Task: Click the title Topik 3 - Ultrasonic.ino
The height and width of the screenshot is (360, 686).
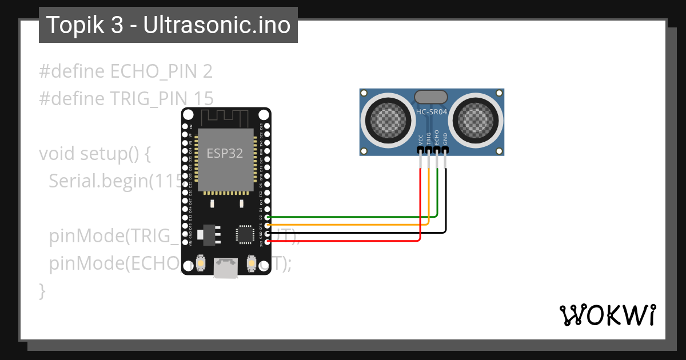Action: click(x=168, y=25)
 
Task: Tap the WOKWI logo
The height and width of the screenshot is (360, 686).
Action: click(x=607, y=315)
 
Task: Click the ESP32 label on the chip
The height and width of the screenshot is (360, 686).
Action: click(x=225, y=153)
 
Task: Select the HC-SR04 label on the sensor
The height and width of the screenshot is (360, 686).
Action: click(x=432, y=113)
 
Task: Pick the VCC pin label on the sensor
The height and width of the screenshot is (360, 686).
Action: click(x=421, y=139)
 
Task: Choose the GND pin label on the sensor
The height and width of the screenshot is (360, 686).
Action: click(x=445, y=139)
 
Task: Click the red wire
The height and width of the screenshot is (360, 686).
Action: click(x=343, y=241)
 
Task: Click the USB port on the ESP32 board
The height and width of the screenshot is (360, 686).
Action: click(x=226, y=268)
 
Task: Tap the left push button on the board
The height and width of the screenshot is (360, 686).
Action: click(x=201, y=263)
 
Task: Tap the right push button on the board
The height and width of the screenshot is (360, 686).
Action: click(x=251, y=263)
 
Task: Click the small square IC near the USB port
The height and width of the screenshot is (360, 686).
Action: click(x=244, y=234)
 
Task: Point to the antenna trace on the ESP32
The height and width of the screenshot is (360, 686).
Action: click(x=226, y=118)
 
